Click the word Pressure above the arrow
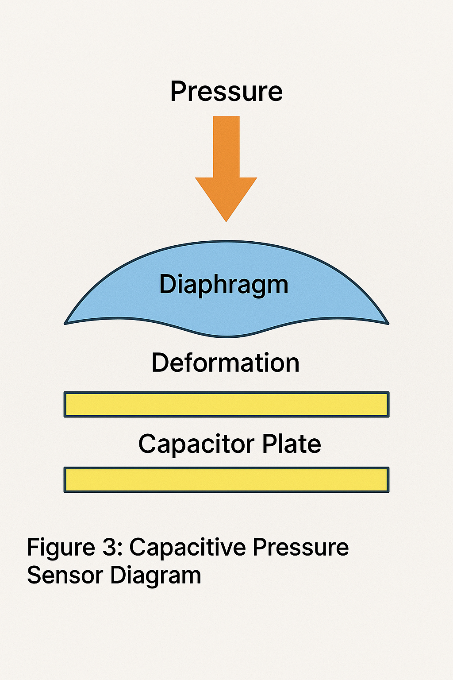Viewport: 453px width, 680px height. click(226, 92)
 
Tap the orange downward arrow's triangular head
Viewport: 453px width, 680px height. click(226, 195)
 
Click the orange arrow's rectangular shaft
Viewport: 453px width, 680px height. click(226, 146)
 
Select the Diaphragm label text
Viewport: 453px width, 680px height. click(223, 285)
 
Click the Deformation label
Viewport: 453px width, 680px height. click(225, 363)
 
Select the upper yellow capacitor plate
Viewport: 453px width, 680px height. click(226, 404)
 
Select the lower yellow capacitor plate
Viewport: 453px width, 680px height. click(226, 479)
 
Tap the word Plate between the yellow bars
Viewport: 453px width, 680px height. click(292, 444)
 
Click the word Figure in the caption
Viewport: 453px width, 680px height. click(61, 548)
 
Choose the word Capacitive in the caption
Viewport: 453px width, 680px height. click(188, 548)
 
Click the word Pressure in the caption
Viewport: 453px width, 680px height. click(301, 548)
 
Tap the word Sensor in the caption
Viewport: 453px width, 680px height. click(65, 575)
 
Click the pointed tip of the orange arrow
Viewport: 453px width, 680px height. click(226, 220)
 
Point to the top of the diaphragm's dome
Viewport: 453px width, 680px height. click(226, 243)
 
